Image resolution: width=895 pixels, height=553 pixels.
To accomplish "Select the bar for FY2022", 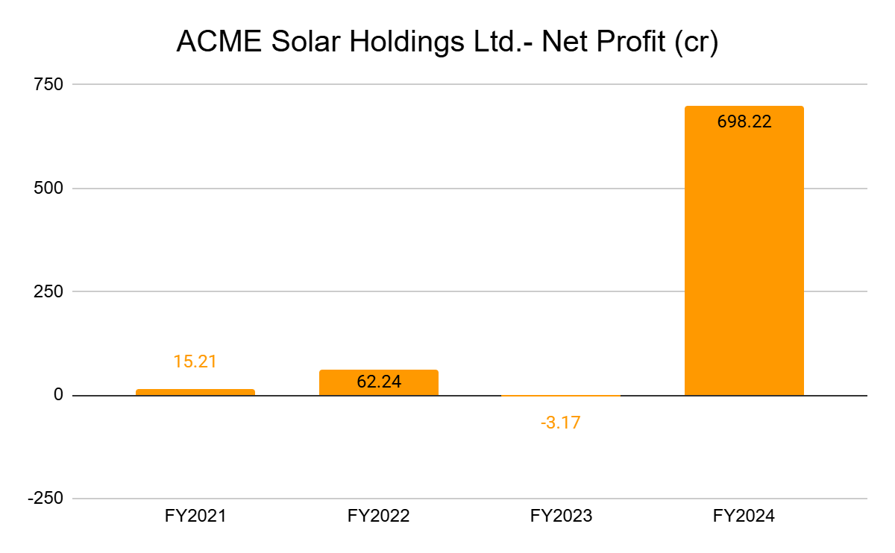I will tap(378, 382).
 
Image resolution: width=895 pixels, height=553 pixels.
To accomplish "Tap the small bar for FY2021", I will tap(195, 392).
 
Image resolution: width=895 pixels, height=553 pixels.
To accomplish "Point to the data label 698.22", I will tap(744, 122).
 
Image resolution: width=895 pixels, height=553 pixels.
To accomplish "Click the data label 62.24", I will tap(378, 382).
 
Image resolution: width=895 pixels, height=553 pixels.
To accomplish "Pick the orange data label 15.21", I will tap(195, 362).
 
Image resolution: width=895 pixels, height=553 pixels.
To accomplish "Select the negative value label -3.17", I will tap(560, 423).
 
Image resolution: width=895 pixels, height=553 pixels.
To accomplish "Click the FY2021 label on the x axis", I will tap(195, 516).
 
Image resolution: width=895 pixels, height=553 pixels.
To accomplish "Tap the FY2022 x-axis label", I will tap(378, 516).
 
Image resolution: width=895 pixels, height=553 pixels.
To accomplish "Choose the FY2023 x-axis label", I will tap(561, 516).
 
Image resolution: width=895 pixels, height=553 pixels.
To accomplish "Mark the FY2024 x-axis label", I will tap(744, 516).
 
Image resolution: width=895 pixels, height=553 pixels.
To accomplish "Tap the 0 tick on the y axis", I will tap(57, 395).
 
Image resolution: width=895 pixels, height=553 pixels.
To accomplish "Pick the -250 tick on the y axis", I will tap(45, 499).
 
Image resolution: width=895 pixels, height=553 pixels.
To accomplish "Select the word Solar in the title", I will tap(293, 42).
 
